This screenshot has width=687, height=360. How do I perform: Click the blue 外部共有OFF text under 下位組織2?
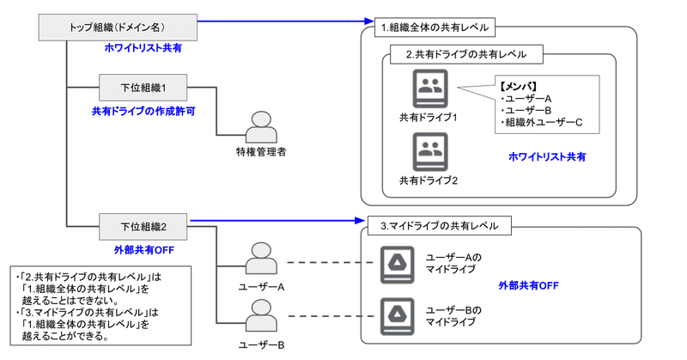coord(143,251)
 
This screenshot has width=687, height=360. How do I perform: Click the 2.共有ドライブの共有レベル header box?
coord(465,53)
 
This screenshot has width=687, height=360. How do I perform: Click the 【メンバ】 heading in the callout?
coord(519,86)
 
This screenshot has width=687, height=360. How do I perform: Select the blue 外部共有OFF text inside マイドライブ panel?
coord(528,285)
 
